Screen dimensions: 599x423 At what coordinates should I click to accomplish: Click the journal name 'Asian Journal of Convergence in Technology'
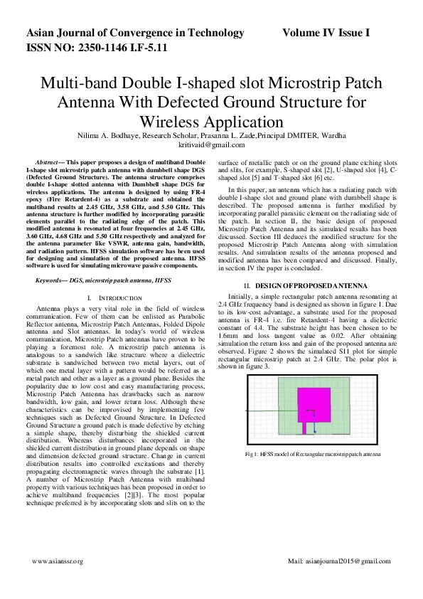[x=135, y=33]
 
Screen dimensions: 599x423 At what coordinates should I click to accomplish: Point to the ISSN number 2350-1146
[x=99, y=48]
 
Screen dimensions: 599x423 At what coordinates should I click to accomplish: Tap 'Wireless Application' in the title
[x=211, y=120]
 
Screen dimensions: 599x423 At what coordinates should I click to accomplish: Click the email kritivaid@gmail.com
[x=211, y=144]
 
